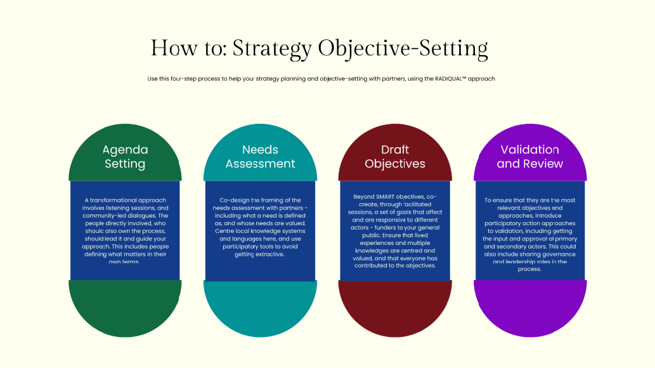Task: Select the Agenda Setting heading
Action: pos(125,157)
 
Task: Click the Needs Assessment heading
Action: pos(260,157)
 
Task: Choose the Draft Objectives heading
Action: pos(395,157)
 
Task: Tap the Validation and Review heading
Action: pos(530,157)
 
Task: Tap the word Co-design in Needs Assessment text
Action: pos(226,200)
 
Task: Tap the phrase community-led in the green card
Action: pos(105,216)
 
